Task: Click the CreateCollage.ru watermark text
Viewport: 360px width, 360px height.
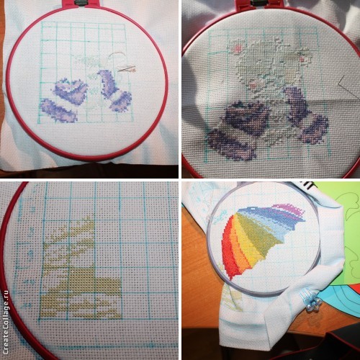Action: [5, 322]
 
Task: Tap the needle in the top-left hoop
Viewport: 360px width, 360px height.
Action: [127, 69]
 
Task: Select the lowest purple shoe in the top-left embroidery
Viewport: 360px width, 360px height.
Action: [58, 111]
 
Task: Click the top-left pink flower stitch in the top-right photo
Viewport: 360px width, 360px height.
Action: [238, 48]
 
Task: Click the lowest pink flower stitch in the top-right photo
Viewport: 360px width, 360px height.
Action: [253, 84]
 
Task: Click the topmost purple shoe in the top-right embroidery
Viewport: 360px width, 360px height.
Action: [247, 115]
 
